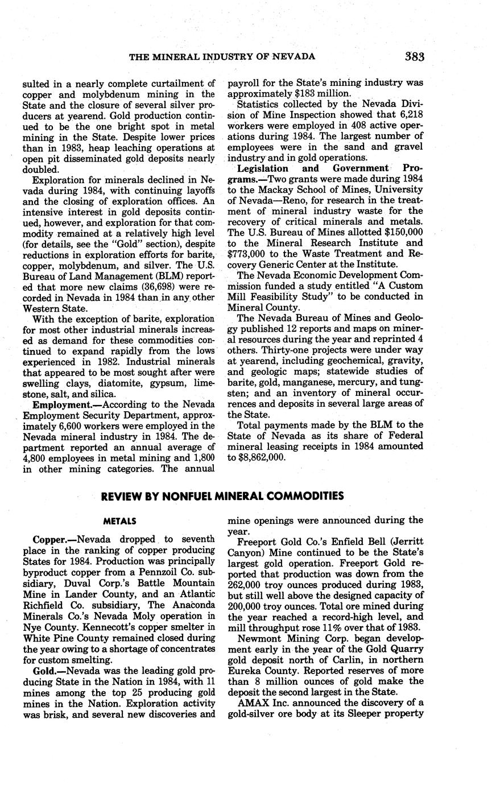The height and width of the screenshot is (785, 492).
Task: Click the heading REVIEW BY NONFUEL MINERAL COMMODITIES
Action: click(222, 496)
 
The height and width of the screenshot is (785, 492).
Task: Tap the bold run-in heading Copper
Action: click(52, 539)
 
